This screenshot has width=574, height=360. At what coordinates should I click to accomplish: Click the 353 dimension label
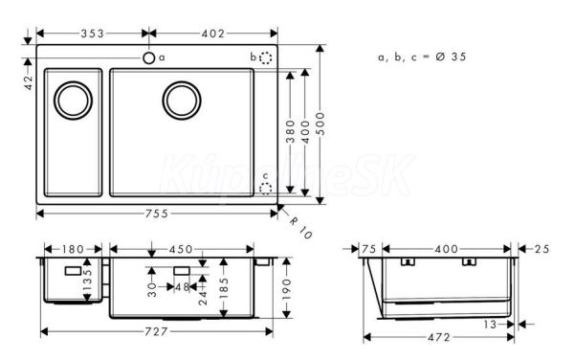(x=93, y=34)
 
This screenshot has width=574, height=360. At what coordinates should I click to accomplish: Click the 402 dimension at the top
(x=213, y=34)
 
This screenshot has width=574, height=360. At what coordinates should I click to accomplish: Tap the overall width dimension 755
(x=157, y=214)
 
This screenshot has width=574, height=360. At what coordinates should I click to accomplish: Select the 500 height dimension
(x=320, y=124)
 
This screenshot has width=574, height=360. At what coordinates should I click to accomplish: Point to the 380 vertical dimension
(x=290, y=132)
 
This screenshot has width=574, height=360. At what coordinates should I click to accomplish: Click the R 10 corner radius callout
(x=300, y=228)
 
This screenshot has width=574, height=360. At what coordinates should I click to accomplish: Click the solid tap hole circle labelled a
(x=148, y=57)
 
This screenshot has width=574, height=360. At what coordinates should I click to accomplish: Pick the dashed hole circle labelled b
(x=266, y=57)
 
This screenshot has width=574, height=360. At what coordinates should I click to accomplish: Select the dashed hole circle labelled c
(x=265, y=189)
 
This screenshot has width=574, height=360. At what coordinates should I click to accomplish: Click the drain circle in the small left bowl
(x=74, y=101)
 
